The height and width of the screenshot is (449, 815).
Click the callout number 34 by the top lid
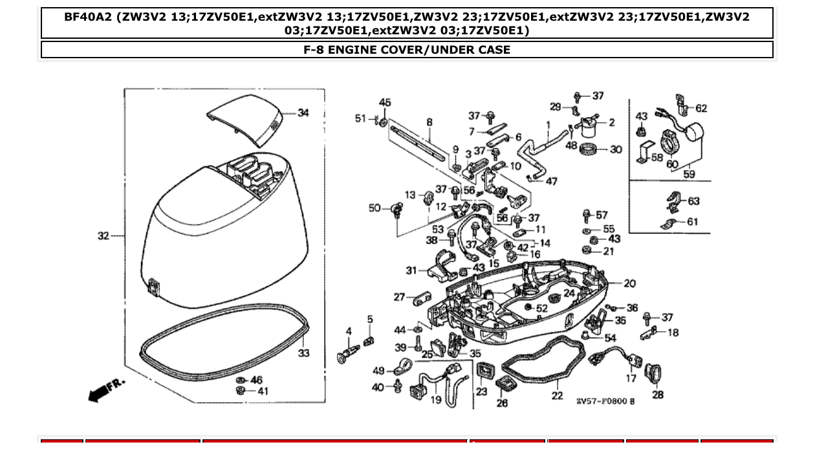[303, 113]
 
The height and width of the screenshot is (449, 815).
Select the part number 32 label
[103, 236]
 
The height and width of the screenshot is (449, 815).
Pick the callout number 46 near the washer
[256, 380]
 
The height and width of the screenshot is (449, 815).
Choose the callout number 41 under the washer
[263, 391]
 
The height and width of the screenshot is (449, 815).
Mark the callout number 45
[385, 103]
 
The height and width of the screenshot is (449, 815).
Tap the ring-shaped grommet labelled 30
[589, 150]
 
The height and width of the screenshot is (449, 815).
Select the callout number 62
[701, 109]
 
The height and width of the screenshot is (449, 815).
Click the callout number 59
[689, 174]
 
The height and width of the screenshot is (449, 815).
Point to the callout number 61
[692, 222]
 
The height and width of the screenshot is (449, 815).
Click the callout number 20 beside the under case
[629, 283]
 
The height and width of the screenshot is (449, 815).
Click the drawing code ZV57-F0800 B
[605, 401]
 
